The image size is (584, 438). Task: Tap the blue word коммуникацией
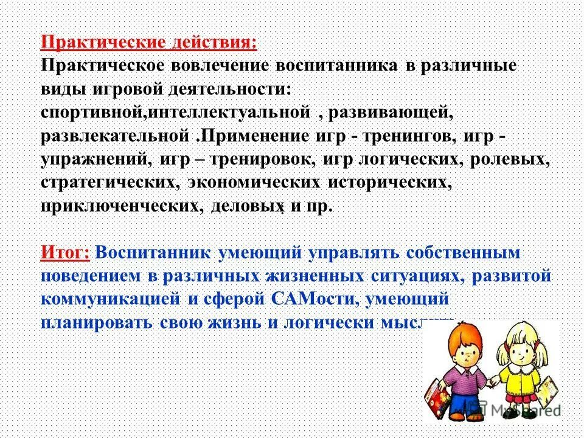pyautogui.click(x=110, y=299)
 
